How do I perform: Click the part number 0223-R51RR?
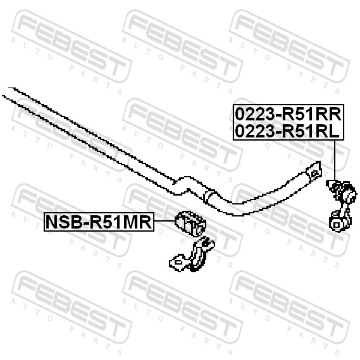(x=288, y=114)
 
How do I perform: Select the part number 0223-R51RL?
(x=287, y=131)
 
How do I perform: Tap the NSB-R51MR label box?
(x=99, y=222)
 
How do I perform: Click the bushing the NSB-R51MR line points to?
(x=190, y=224)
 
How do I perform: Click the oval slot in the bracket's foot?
(x=178, y=262)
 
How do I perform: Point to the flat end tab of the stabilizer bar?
(x=314, y=172)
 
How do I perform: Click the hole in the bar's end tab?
(x=315, y=173)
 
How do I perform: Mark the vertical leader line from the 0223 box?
(x=334, y=160)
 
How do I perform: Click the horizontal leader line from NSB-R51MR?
(x=165, y=221)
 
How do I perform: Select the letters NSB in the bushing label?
(x=62, y=222)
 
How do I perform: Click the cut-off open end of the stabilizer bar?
(x=6, y=92)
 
